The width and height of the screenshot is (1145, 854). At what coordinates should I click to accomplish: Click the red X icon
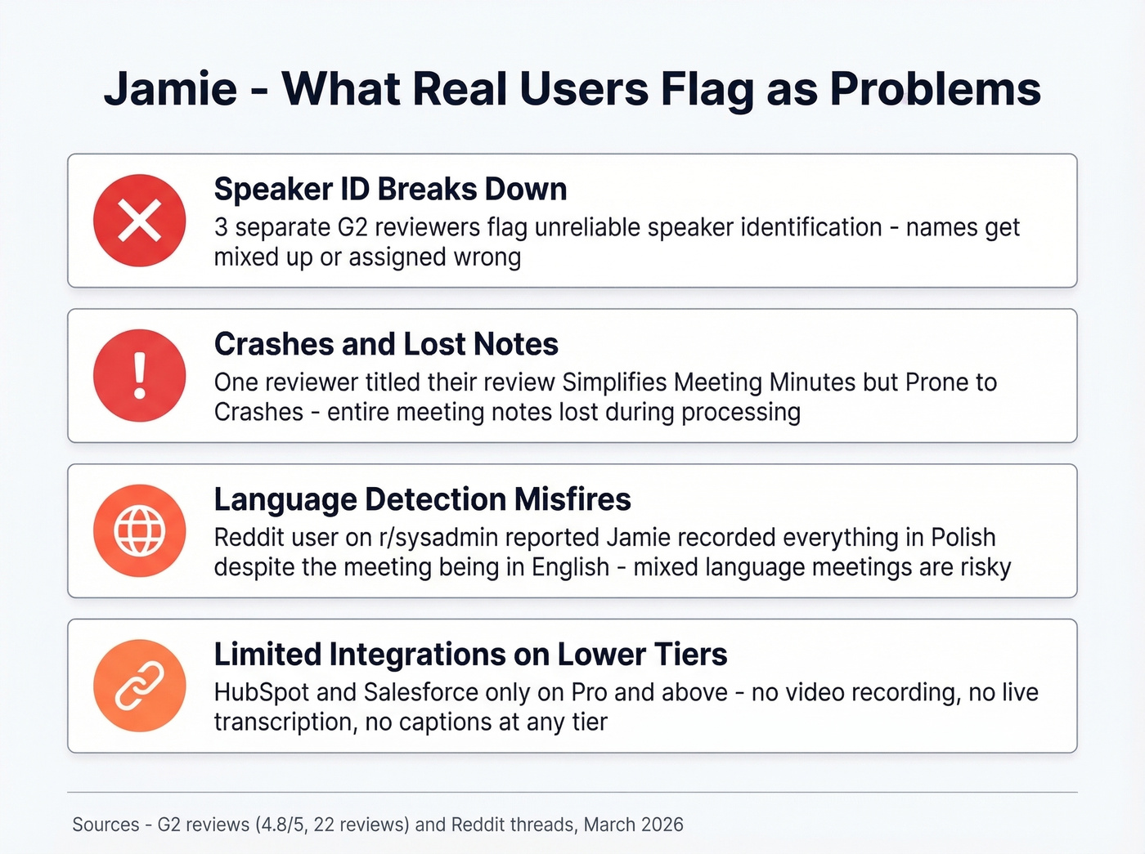140,221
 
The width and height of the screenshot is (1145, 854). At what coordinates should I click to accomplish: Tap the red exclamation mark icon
140,376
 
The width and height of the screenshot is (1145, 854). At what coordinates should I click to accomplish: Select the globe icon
140,531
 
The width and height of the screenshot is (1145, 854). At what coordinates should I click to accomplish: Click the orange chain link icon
140,686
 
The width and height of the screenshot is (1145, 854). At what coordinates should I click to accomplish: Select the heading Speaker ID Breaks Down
390,189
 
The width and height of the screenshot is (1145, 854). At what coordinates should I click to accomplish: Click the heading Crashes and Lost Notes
386,344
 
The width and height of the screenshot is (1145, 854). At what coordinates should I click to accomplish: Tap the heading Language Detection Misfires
422,499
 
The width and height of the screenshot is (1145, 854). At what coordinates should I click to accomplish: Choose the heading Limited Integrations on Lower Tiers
470,655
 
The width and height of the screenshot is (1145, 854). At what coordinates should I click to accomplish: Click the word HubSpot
262,693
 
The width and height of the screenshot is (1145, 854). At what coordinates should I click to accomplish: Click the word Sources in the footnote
106,825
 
